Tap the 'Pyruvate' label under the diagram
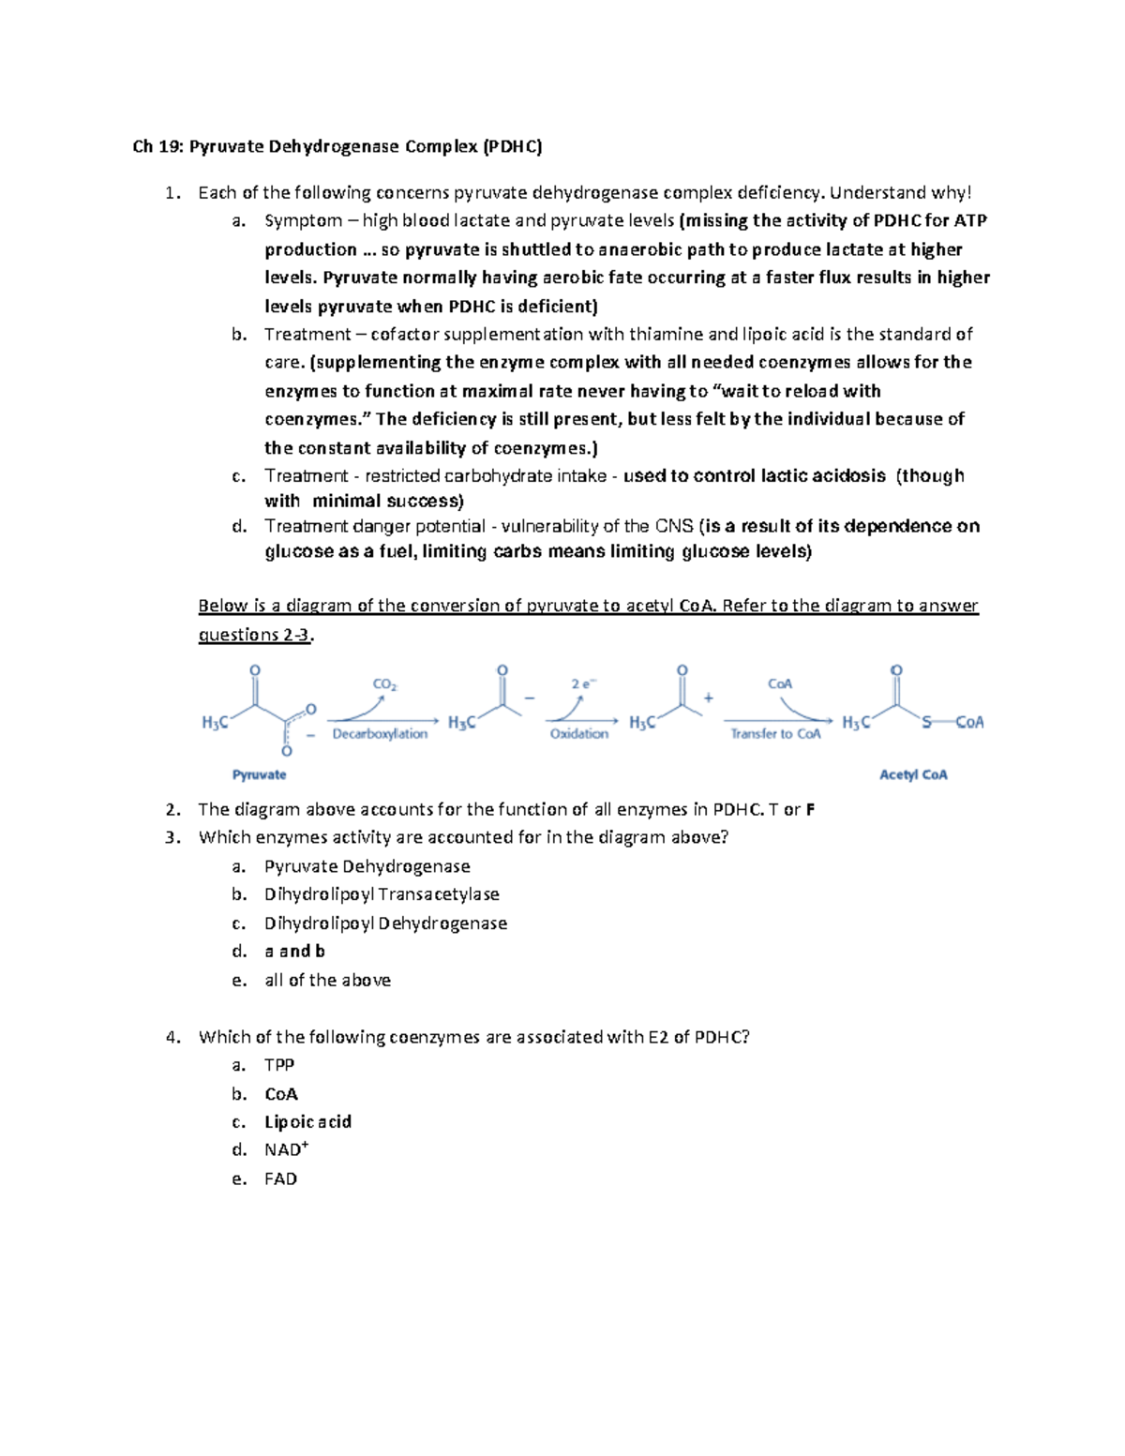click(x=259, y=774)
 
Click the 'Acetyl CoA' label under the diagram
click(x=912, y=774)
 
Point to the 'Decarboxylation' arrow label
click(x=380, y=734)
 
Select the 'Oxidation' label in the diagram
click(x=578, y=734)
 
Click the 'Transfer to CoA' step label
click(x=775, y=734)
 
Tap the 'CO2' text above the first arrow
click(x=384, y=684)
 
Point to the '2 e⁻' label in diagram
click(x=582, y=684)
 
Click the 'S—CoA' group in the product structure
click(x=952, y=722)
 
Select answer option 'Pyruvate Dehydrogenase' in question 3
click(x=367, y=866)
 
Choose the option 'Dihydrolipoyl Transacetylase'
click(x=382, y=894)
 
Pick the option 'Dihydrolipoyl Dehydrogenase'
click(x=385, y=923)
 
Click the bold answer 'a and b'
click(x=294, y=952)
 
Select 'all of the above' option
click(x=327, y=980)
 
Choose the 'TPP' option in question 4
click(x=279, y=1065)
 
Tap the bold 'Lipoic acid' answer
click(x=307, y=1122)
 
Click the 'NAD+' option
click(x=283, y=1150)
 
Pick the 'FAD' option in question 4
click(x=280, y=1179)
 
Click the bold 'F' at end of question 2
click(x=810, y=809)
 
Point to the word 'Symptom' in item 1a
click(x=303, y=221)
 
